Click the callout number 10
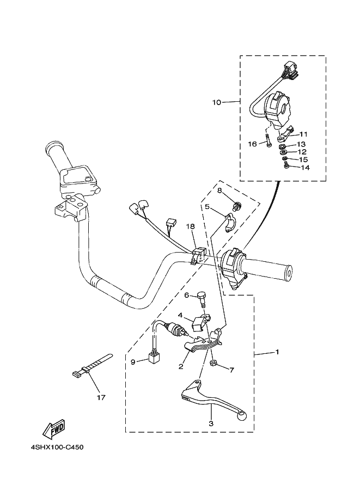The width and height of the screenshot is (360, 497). coord(217,102)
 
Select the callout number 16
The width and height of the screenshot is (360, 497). coord(252,144)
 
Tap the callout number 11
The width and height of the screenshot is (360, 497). coord(303,134)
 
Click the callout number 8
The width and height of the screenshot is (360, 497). coord(219,191)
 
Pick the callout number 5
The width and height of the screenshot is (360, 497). coord(208,206)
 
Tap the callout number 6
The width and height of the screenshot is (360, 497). coord(186,296)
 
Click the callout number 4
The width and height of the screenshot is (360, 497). coord(180,315)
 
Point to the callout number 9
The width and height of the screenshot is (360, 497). coord(133,361)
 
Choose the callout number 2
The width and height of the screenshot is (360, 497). coord(181,366)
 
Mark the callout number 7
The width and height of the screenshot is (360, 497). coord(231,370)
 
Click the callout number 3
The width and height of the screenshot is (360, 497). coord(211,422)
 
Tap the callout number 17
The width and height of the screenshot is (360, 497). coord(100,397)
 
